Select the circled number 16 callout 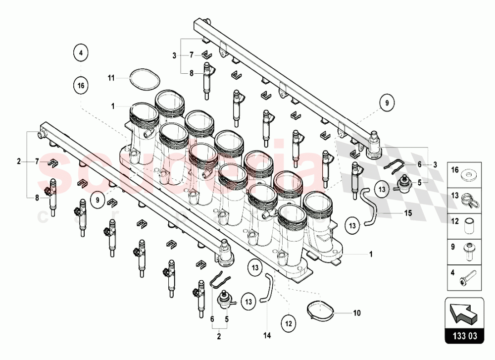(81, 85)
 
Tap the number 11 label (111, 78)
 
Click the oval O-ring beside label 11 (144, 80)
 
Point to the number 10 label (357, 313)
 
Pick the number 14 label (267, 335)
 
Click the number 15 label (408, 213)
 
